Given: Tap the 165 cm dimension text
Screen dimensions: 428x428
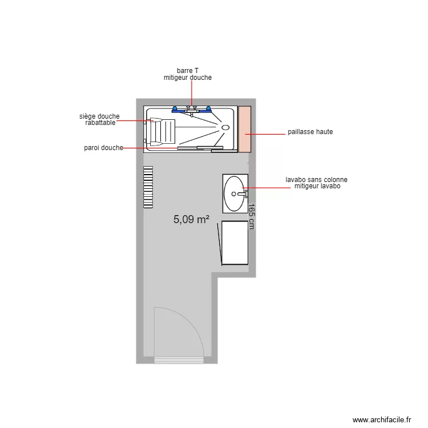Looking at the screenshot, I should click(x=251, y=217).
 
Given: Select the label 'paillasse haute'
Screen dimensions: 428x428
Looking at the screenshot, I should click(x=310, y=132).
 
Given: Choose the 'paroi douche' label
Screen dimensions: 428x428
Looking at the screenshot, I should click(x=103, y=148).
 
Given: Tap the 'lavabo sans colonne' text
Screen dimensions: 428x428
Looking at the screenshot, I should click(x=316, y=180).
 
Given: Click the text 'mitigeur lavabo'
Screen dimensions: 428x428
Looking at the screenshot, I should click(x=317, y=186).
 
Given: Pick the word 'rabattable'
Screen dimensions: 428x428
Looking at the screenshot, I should click(x=100, y=123).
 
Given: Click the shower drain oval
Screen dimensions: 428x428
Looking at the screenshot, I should click(x=225, y=127).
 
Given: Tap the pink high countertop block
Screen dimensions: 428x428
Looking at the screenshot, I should click(x=245, y=129).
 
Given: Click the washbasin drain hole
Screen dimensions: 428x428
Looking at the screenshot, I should click(x=235, y=193).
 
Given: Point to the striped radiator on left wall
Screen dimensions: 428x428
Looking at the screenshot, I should click(x=148, y=187).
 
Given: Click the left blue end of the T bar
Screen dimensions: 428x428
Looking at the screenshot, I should click(x=174, y=108).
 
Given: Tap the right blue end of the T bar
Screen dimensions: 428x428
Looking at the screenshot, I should click(x=208, y=108).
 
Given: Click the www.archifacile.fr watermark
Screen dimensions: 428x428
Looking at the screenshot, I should click(x=382, y=419).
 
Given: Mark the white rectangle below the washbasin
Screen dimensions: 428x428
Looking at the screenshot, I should click(x=235, y=243).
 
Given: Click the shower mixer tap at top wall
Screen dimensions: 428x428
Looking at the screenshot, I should click(x=192, y=109).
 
